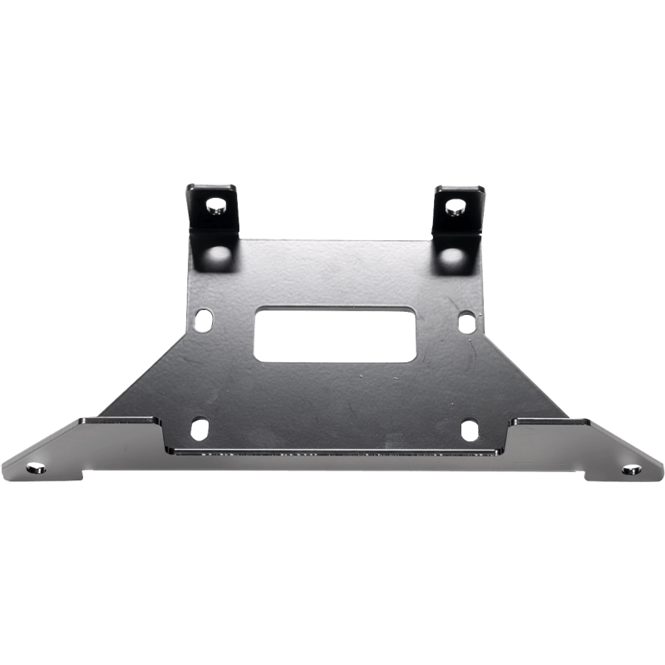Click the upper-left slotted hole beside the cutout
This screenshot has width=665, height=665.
click(x=201, y=318)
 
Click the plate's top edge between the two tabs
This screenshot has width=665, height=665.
click(x=332, y=238)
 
